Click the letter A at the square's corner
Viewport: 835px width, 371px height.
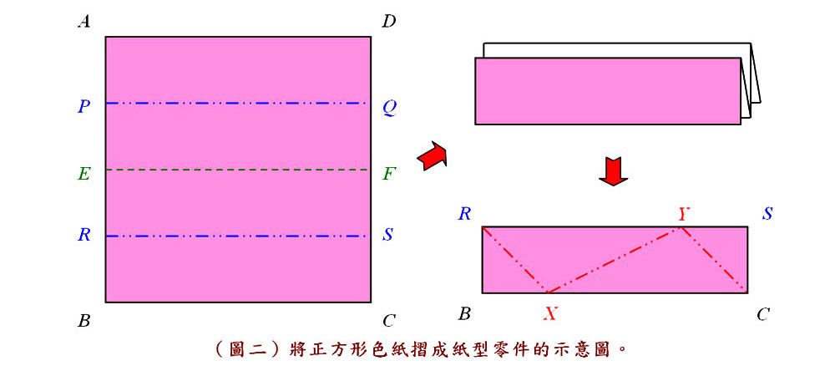pyautogui.click(x=83, y=22)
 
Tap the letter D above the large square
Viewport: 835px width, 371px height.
pyautogui.click(x=389, y=22)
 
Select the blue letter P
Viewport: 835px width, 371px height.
pyautogui.click(x=83, y=107)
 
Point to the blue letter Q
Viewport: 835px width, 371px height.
pyautogui.click(x=389, y=109)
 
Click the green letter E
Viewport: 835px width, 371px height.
pyautogui.click(x=83, y=173)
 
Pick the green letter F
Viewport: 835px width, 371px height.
pyautogui.click(x=389, y=173)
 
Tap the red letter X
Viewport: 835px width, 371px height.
pyautogui.click(x=550, y=313)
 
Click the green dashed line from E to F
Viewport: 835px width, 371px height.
pyautogui.click(x=236, y=170)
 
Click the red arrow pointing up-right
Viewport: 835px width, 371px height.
pyautogui.click(x=432, y=156)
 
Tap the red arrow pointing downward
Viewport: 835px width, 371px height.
pyautogui.click(x=614, y=171)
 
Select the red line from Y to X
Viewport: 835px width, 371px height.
pyautogui.click(x=615, y=260)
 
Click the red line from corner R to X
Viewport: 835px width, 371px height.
pyautogui.click(x=515, y=260)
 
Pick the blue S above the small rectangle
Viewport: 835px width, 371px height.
pyautogui.click(x=767, y=214)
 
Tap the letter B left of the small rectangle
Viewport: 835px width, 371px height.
pyautogui.click(x=464, y=314)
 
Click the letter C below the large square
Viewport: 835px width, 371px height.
pyautogui.click(x=389, y=320)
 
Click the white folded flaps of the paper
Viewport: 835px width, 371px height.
pyautogui.click(x=751, y=80)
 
